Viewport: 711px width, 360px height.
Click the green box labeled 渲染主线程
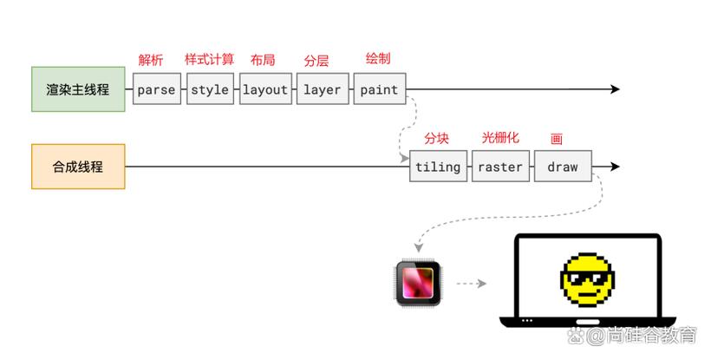[x=78, y=89]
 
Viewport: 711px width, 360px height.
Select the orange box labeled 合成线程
[x=78, y=167]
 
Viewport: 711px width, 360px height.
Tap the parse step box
[x=156, y=89]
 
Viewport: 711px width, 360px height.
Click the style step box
[x=210, y=89]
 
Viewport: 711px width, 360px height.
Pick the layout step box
[x=265, y=89]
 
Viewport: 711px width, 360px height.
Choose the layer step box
[x=322, y=89]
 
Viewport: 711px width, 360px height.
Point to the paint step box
[x=379, y=89]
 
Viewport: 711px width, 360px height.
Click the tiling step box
[x=438, y=167]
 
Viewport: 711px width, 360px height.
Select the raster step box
[x=500, y=167]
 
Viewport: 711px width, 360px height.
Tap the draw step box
[x=563, y=167]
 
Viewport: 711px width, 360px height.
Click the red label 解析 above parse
[x=151, y=60]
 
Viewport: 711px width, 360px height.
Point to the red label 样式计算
[x=209, y=59]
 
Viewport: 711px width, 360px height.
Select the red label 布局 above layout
[x=263, y=60]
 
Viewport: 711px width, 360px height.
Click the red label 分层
[x=316, y=61]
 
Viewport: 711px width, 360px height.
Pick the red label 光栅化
[x=500, y=138]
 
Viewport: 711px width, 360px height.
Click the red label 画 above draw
[x=557, y=139]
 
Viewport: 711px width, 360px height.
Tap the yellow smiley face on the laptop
[x=588, y=279]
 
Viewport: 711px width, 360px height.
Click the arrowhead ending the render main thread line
[x=615, y=89]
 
